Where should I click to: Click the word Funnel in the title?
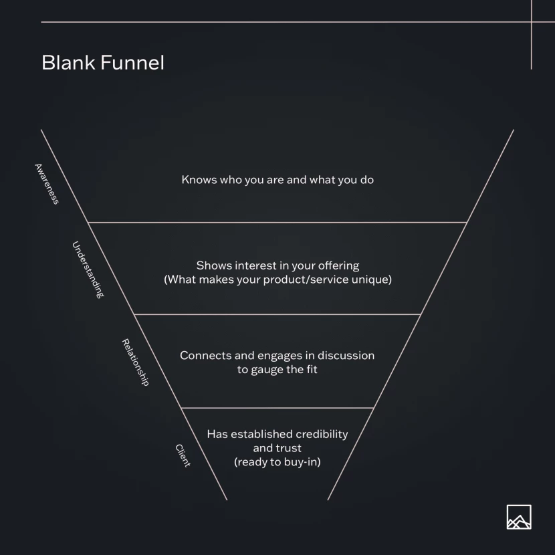132,63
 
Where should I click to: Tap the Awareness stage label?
47,184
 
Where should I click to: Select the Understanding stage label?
88,269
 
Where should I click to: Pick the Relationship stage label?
135,362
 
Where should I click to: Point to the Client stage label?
183,455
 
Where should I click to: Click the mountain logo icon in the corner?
519,517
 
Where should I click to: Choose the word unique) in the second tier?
372,280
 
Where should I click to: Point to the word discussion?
346,355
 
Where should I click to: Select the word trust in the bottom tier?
287,448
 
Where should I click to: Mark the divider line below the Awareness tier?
277,222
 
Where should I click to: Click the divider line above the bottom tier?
277,407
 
